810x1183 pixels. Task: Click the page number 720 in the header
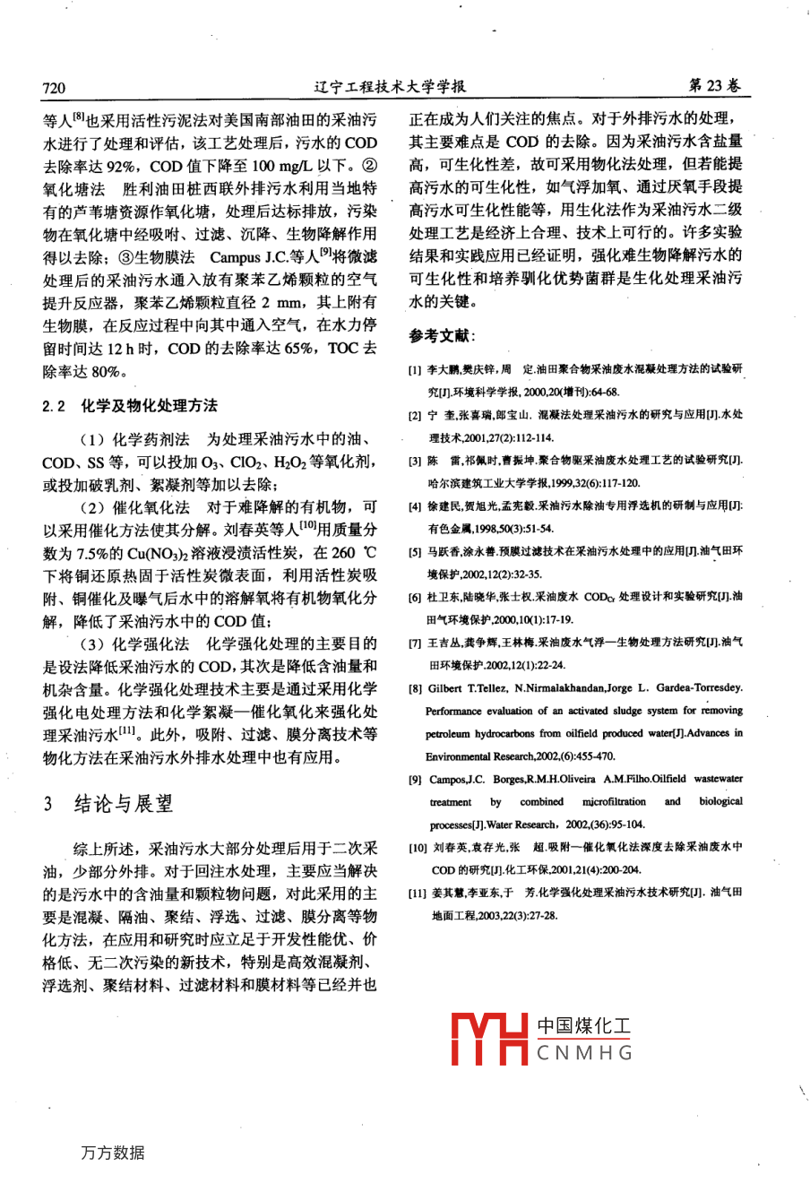pyautogui.click(x=55, y=87)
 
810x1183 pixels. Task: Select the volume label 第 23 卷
pyautogui.click(x=713, y=86)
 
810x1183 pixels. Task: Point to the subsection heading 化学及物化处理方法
pyautogui.click(x=149, y=406)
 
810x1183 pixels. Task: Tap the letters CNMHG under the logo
pyautogui.click(x=584, y=1053)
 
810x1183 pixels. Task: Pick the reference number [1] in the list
pyautogui.click(x=415, y=369)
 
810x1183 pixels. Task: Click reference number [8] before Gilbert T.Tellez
pyautogui.click(x=415, y=688)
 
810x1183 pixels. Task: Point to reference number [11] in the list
pyautogui.click(x=417, y=894)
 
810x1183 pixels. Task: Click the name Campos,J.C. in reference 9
pyautogui.click(x=459, y=780)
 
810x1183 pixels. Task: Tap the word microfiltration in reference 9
pyautogui.click(x=614, y=802)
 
